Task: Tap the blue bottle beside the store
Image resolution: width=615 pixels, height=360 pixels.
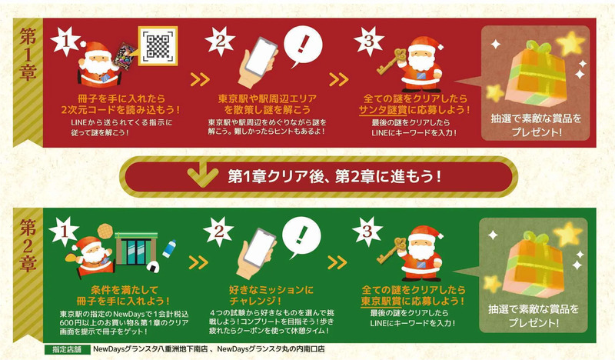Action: click(x=171, y=249)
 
